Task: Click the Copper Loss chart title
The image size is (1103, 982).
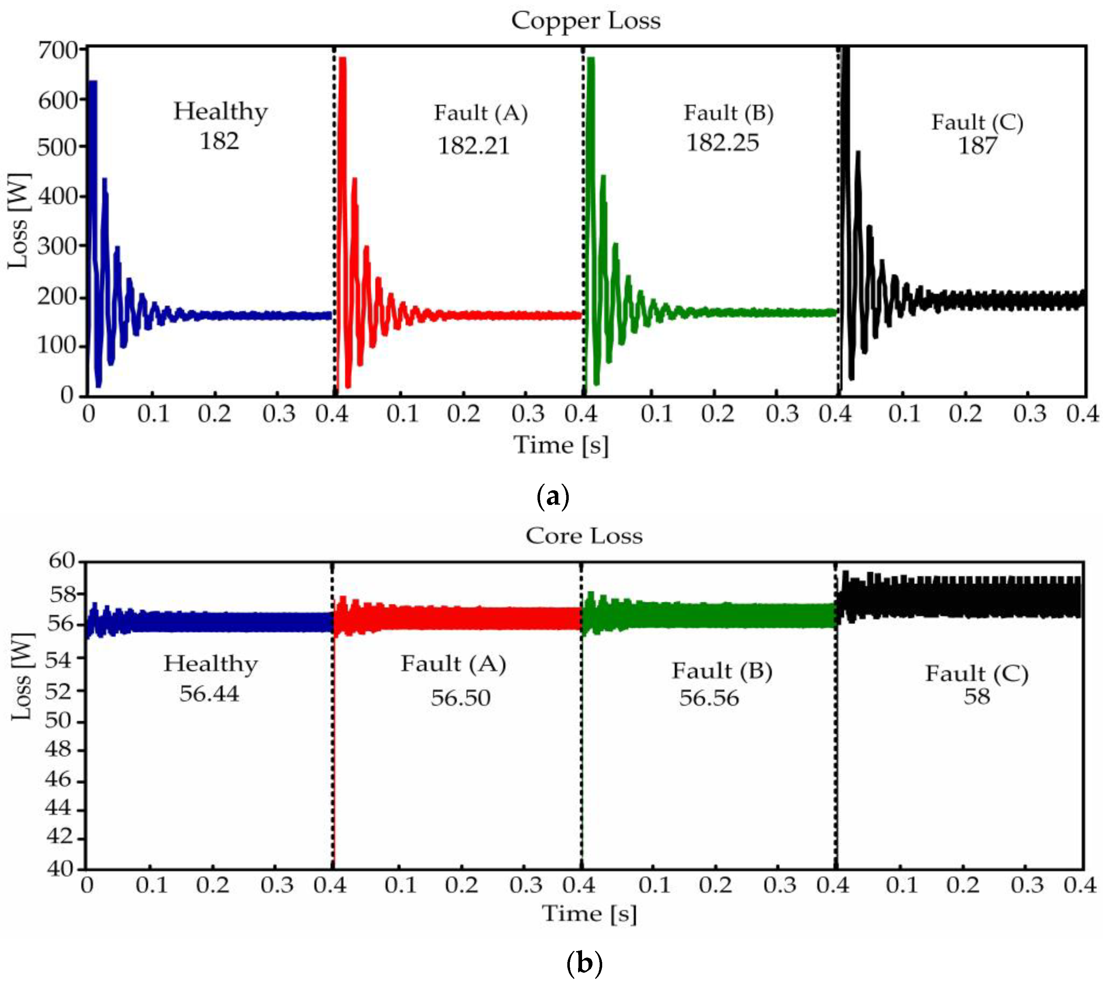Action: point(586,21)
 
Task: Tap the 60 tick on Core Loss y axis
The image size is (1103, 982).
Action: point(62,561)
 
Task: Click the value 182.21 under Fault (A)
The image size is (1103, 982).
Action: point(473,146)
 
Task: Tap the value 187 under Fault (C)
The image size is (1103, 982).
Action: point(977,146)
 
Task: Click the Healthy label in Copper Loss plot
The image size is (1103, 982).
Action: point(220,112)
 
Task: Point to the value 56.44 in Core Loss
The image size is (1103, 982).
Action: point(209,693)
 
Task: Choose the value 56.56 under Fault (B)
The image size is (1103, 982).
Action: point(709,698)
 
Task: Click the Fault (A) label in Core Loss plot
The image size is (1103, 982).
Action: point(453,664)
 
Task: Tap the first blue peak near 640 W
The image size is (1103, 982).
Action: point(92,82)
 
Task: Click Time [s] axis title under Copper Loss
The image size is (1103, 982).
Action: point(561,445)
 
